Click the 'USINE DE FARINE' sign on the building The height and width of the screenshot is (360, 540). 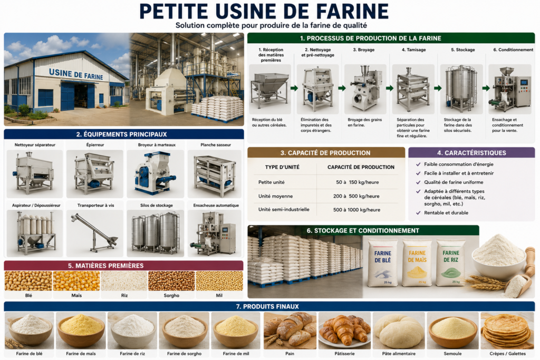pos(76,74)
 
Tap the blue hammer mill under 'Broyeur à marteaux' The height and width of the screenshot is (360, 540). pos(156,174)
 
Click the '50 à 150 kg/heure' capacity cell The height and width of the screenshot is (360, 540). pos(357,182)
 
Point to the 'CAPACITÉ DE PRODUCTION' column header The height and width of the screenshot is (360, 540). pos(361,167)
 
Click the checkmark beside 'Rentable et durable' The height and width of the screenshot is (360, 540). pos(418,213)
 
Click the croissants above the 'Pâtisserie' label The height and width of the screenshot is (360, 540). pos(344,330)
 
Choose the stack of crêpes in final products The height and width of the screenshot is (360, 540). pos(507,330)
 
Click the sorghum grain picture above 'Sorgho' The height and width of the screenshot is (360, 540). pos(171,281)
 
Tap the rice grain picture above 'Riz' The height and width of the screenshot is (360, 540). pos(124,281)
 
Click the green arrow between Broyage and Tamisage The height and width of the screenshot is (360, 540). pos(390,88)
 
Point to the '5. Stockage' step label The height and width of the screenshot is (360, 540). pos(463,50)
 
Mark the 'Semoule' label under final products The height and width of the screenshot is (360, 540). pos(452,354)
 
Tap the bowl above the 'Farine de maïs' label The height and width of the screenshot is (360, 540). pos(81,331)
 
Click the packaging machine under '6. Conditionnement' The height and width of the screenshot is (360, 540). pos(510,89)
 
